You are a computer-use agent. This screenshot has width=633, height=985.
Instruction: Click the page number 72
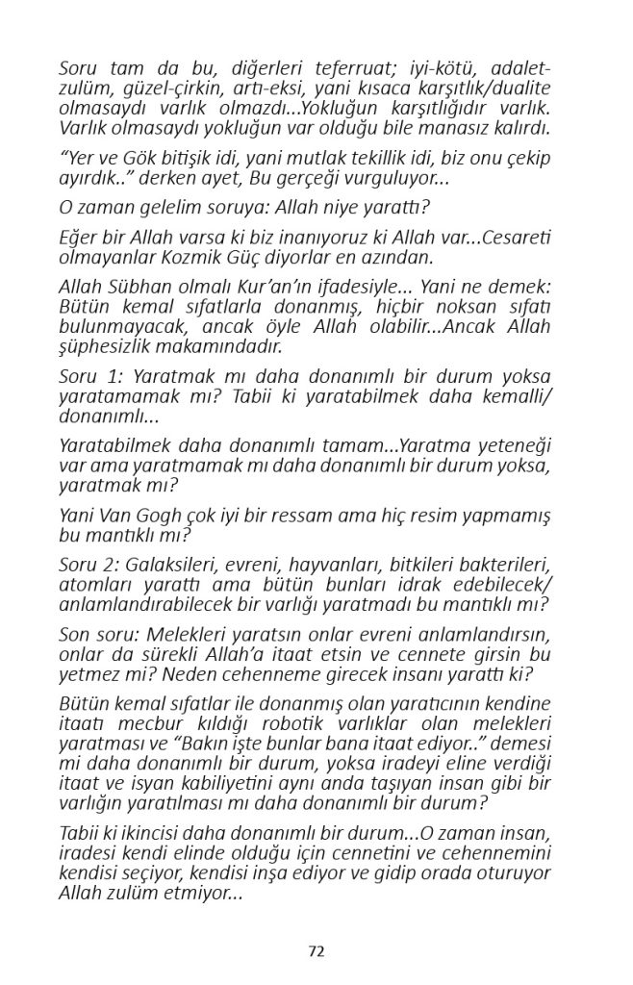[316, 951]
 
